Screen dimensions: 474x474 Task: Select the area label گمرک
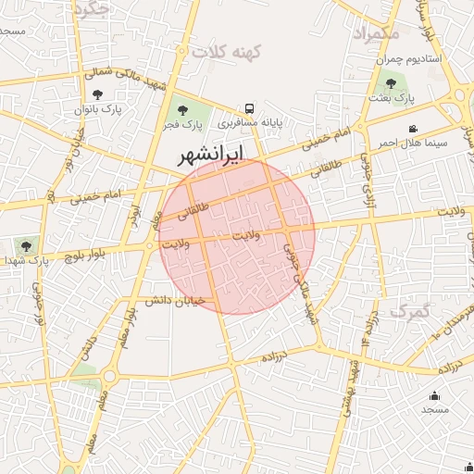tap(410, 311)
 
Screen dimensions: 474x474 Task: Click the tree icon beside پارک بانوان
tap(98, 94)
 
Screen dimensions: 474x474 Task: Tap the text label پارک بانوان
tap(98, 109)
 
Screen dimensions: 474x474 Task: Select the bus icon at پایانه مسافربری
tap(249, 108)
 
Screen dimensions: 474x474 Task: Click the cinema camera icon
tap(412, 129)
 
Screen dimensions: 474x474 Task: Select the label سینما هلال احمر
tap(412, 143)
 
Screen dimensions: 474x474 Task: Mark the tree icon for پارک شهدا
tap(25, 245)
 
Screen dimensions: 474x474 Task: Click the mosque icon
tap(435, 396)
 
